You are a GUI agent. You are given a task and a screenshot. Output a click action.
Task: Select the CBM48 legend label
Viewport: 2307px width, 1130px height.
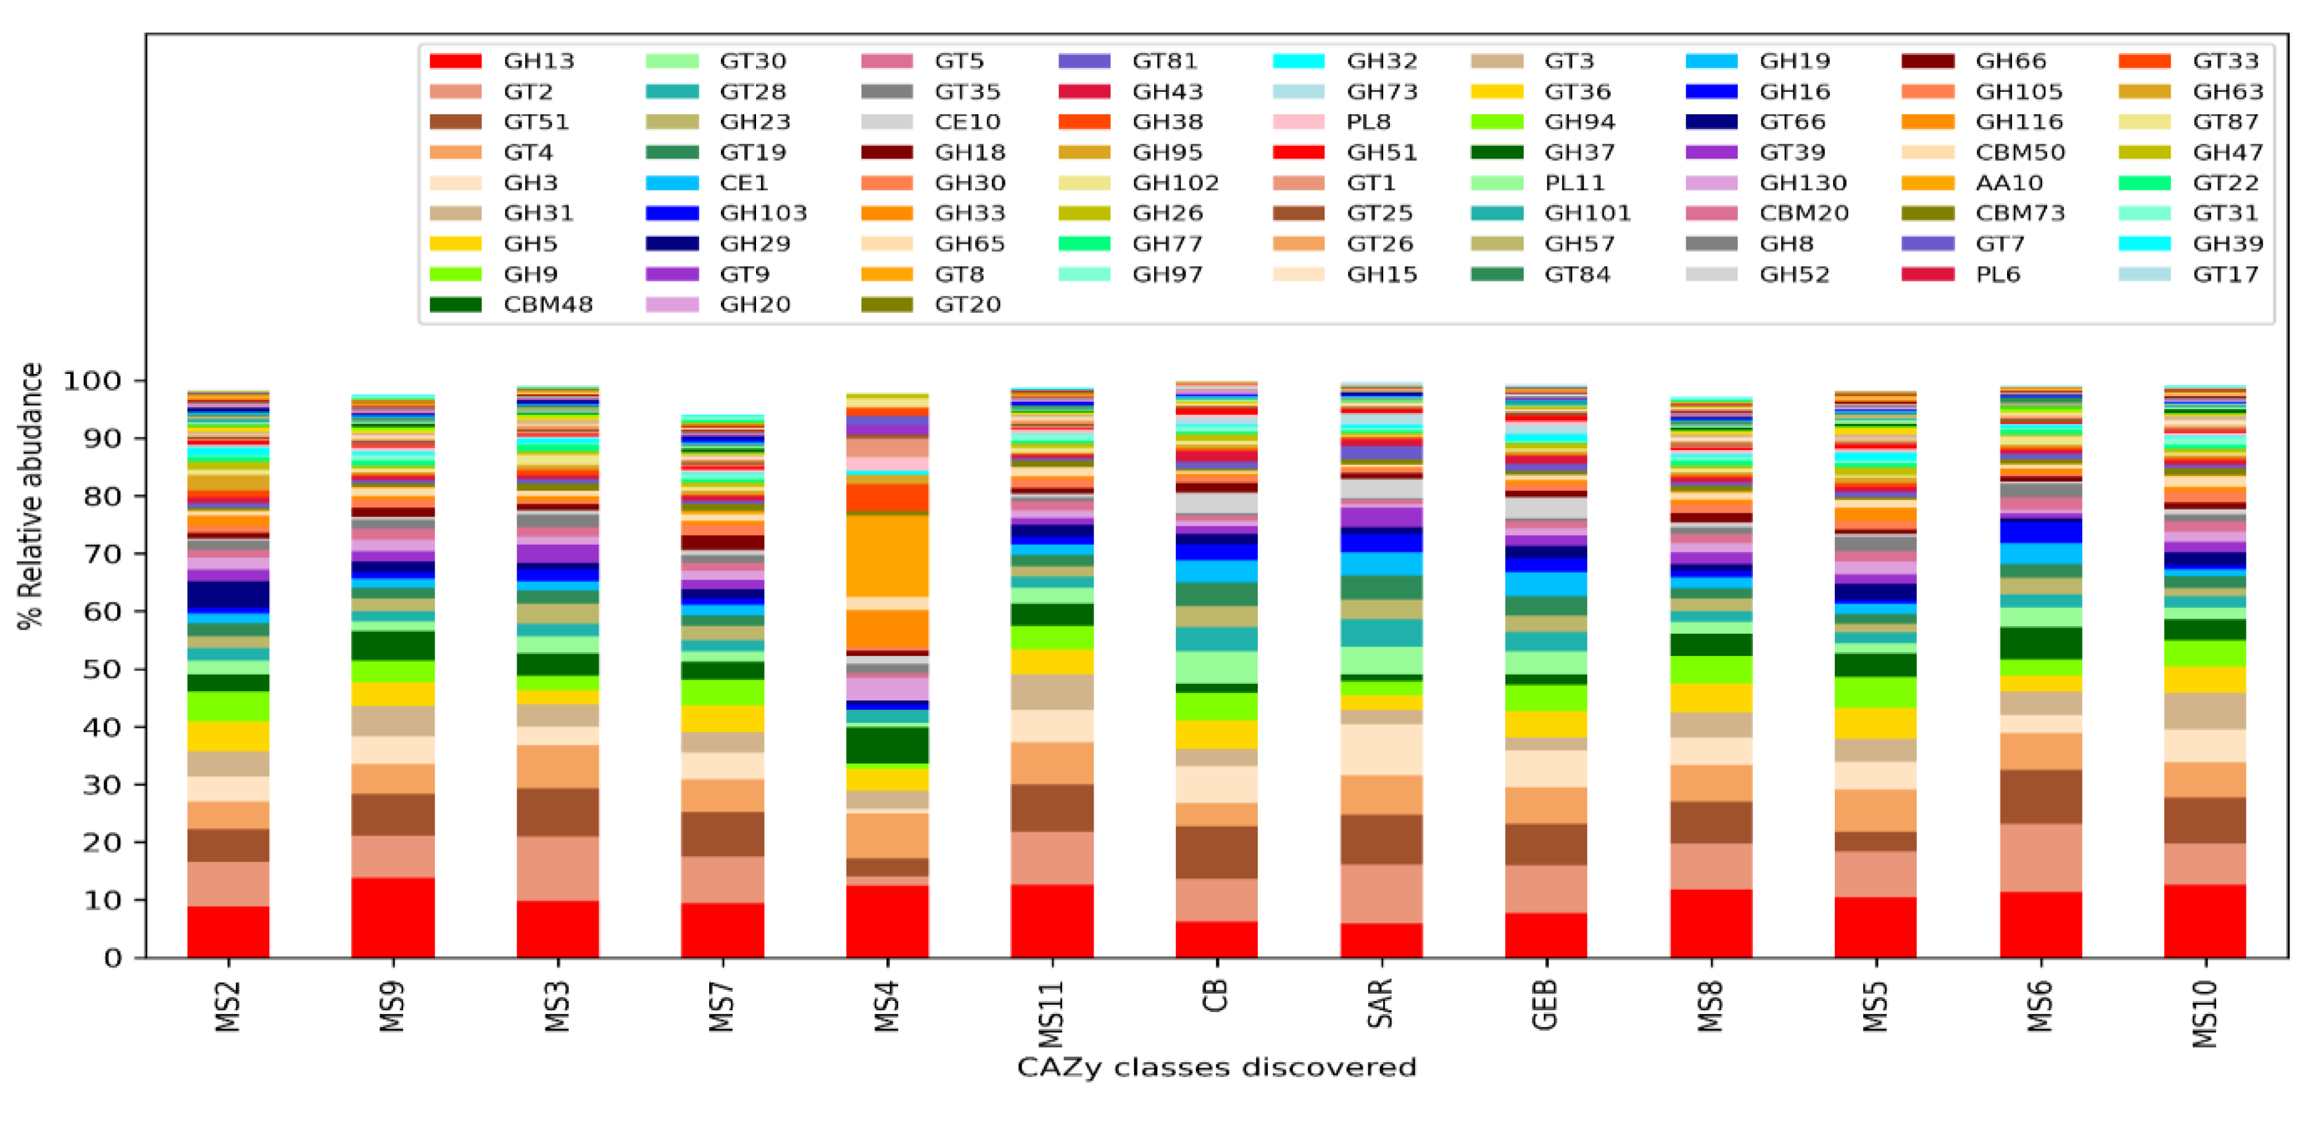tap(547, 304)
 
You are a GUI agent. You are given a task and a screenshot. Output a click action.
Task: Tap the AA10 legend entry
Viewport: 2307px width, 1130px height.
tap(2009, 183)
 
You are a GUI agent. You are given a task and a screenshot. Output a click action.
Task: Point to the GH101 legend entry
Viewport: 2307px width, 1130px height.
tap(1587, 213)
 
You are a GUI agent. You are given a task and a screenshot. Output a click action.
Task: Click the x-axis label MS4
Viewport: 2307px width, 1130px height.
tap(887, 1007)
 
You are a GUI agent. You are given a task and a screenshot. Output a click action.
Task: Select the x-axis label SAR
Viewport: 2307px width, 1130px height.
tap(1381, 1003)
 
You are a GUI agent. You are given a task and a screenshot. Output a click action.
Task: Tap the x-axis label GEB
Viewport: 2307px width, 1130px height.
tap(1546, 1005)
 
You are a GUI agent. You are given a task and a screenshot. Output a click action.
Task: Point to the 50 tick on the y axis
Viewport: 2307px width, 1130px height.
tap(102, 670)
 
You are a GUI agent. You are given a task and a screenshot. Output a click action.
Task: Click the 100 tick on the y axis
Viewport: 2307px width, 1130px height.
tap(91, 381)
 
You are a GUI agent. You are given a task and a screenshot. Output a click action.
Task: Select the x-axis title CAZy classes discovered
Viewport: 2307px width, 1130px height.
tap(1216, 1067)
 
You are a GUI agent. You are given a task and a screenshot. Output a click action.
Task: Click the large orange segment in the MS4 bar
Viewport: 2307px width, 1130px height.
tap(887, 555)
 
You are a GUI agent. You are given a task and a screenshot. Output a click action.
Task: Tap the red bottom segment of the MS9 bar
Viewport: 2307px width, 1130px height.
tap(393, 918)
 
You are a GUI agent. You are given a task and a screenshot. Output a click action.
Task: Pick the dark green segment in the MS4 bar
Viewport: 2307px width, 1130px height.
tap(887, 745)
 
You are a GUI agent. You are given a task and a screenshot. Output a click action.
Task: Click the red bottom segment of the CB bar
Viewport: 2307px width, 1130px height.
tap(1216, 939)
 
